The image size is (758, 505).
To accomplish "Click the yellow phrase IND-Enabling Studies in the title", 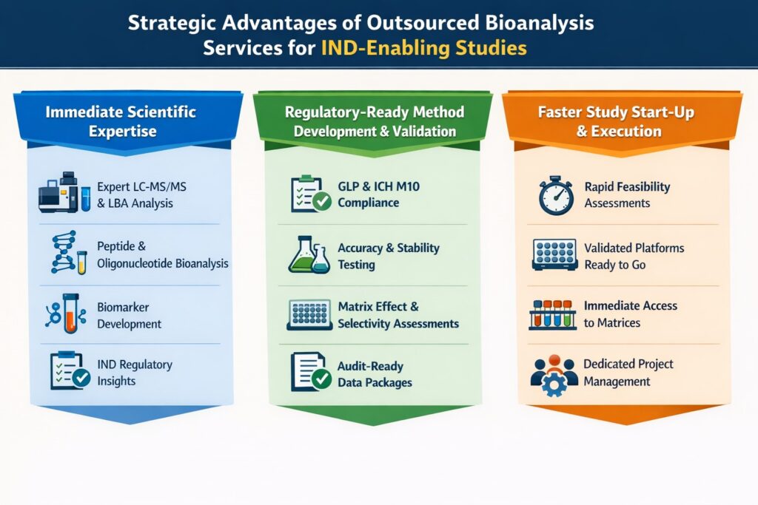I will coord(424,48).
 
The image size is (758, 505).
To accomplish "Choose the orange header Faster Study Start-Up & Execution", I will coord(622,121).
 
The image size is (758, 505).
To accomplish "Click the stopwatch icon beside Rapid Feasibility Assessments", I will coord(555,196).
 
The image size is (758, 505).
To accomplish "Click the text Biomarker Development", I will coord(130,315).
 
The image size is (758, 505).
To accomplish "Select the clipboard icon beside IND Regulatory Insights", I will coord(69,371).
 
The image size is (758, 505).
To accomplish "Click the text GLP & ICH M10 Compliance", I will coord(378,194).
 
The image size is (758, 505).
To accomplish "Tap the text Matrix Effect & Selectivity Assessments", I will coord(398,314).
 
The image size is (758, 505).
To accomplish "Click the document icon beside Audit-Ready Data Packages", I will coord(309,371).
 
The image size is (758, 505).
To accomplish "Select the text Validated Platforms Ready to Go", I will coord(634,256).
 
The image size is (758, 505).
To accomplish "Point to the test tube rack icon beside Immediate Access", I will coord(554,313).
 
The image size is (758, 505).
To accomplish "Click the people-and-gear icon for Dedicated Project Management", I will coord(554,373).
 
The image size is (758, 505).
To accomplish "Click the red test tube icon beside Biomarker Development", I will coord(69,312).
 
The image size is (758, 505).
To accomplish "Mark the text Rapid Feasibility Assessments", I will coord(627,194).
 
